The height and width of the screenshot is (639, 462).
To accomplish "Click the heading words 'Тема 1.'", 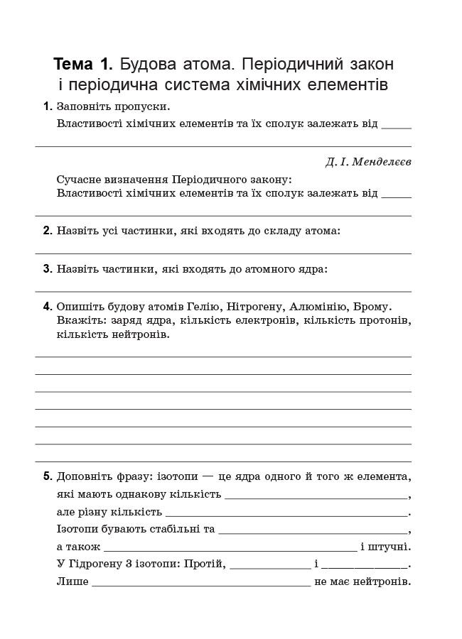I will (83, 65).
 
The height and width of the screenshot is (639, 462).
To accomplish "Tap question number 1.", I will (47, 106).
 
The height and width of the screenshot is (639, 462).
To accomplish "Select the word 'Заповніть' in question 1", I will (82, 106).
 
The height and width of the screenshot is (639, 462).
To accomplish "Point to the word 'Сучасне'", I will (79, 180).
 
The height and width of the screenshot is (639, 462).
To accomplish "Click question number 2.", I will (47, 231).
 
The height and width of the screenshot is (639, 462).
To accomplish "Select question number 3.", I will (47, 269).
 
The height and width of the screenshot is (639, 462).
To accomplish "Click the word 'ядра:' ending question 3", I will (313, 269).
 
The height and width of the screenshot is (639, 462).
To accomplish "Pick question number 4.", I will (47, 307).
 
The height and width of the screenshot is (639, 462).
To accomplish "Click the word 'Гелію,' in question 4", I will (205, 307).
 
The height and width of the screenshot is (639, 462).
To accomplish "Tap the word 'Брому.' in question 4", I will (371, 307).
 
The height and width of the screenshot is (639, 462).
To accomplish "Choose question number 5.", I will (47, 476).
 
